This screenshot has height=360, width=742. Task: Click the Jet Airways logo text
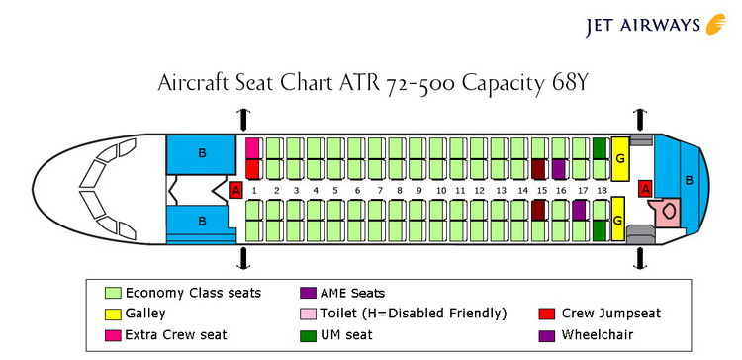pos(634,24)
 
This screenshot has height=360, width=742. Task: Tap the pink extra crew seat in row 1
pos(252,148)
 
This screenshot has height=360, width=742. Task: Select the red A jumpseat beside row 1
pos(235,190)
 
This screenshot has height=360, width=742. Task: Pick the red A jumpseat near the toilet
pos(646,188)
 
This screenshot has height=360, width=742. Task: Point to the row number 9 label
pos(419,190)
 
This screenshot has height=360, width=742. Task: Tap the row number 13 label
pos(502,190)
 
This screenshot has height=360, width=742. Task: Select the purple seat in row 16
pos(559,169)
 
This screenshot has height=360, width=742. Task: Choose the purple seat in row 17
pos(579,210)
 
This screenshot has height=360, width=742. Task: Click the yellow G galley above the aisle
pos(620,158)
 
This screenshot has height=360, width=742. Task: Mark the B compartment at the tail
pos(690,181)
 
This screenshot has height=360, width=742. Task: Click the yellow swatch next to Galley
pos(112,314)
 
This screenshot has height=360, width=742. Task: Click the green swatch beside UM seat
pos(307,335)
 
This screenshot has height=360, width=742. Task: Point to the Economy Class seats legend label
pos(193,292)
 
